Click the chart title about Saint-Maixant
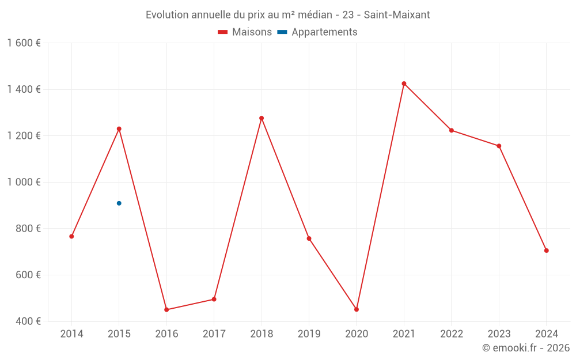click(287, 14)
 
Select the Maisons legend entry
click(245, 32)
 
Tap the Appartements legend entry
click(317, 32)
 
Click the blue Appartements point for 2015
click(119, 203)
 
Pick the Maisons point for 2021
click(404, 84)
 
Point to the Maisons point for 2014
click(71, 236)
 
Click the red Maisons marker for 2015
click(119, 128)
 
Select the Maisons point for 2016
click(166, 310)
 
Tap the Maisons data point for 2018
click(262, 118)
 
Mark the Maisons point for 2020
click(357, 309)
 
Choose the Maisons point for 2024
click(546, 251)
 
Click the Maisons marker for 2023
click(499, 146)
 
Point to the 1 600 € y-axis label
click(24, 43)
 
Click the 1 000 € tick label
click(24, 182)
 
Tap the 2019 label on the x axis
click(309, 334)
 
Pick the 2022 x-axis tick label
click(451, 334)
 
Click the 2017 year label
click(214, 334)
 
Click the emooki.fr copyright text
click(525, 348)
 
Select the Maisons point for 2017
click(214, 299)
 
